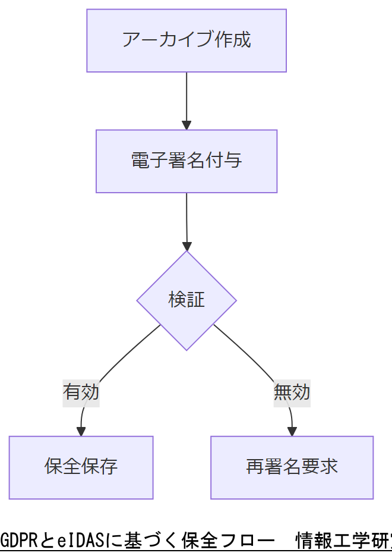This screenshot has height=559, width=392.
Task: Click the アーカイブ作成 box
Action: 186,40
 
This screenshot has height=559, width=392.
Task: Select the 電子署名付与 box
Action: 186,161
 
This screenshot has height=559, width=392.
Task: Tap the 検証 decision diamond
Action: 186,300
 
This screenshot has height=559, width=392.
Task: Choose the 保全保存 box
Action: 81,467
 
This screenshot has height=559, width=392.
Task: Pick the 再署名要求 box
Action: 292,467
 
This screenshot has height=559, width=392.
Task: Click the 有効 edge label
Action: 81,392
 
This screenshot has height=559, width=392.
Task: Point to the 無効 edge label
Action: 292,392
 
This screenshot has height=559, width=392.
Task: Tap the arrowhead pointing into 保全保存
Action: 81,431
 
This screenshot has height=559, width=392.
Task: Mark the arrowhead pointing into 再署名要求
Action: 292,431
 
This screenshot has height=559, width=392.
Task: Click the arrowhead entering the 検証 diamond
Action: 187,246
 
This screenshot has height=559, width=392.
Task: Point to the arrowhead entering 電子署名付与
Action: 186,125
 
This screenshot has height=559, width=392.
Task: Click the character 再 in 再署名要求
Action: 255,467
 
